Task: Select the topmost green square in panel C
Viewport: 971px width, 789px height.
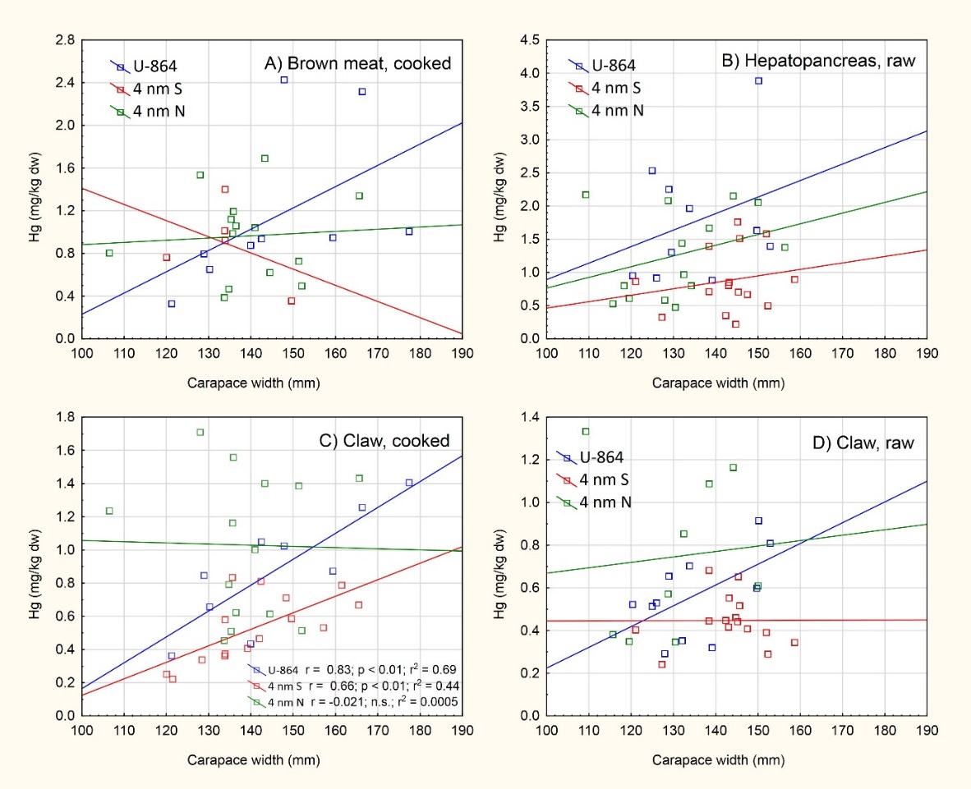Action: (200, 433)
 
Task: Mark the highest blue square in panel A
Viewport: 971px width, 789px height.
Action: (284, 80)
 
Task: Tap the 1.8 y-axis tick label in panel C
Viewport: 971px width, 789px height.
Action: (64, 417)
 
